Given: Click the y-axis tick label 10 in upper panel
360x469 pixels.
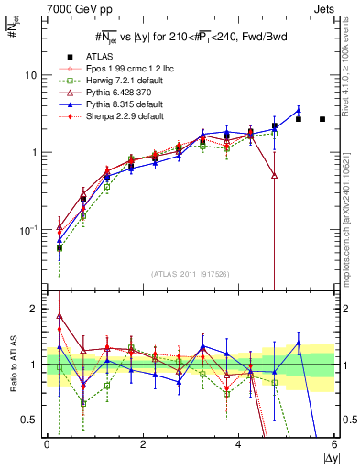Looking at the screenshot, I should point(30,75).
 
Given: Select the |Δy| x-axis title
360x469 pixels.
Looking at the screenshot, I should point(326,458).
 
